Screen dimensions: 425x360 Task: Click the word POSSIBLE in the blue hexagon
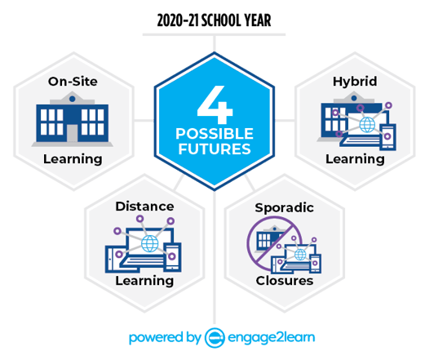point(215,134)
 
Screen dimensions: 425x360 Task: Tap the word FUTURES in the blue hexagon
point(215,149)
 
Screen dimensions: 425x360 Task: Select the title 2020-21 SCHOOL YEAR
point(214,20)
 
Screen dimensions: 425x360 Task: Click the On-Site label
point(73,82)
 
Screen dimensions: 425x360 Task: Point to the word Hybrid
point(355,82)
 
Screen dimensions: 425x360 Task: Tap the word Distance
point(144,207)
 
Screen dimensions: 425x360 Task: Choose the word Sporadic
point(284,208)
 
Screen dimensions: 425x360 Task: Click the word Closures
point(285,281)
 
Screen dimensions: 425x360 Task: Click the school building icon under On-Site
point(73,119)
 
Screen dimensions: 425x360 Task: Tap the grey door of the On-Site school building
point(72,133)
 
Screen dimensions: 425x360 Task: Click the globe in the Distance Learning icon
point(150,243)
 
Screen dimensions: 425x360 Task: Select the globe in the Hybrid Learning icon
point(367,125)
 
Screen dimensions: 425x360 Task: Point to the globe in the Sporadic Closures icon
point(300,255)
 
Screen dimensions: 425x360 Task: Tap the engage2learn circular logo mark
point(215,338)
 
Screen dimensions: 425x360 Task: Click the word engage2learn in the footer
point(271,338)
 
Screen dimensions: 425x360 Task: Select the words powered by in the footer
point(165,338)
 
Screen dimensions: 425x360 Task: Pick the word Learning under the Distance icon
point(144,281)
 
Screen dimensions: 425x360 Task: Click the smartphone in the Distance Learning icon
point(172,257)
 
